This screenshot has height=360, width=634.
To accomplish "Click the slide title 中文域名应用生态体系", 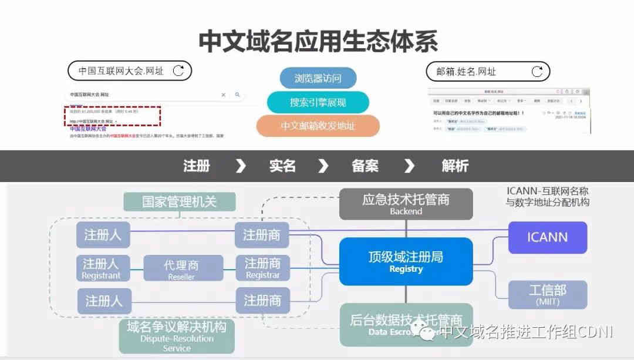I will point(318,41).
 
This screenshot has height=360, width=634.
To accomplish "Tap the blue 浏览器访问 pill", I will point(318,78).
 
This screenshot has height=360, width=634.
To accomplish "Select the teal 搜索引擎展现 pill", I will point(318,102).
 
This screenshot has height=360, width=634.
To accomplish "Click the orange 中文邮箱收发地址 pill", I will point(318,126).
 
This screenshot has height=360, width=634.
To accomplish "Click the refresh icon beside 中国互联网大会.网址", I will point(178,71).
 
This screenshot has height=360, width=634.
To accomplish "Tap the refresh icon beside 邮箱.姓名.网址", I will point(537,72).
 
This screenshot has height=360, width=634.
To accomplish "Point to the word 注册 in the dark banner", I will point(196,166).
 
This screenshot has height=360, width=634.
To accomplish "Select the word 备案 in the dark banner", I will point(365,166).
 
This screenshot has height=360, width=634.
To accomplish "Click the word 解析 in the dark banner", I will point(455,166).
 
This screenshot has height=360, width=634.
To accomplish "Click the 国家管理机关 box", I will point(179,201).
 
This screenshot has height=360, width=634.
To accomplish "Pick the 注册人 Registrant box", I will point(102,268).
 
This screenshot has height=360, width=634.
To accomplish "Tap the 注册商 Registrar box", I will point(262,268).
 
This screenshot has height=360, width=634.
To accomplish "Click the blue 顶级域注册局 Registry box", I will point(406,261).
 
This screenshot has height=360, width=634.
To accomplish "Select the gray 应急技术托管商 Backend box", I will point(406,204).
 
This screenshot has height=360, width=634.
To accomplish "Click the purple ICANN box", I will point(547,237).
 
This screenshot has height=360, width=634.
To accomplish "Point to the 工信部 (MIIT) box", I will point(547,294).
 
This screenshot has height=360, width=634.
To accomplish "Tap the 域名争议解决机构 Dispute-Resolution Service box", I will point(176,336).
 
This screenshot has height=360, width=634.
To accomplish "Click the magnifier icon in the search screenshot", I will point(237,95).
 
